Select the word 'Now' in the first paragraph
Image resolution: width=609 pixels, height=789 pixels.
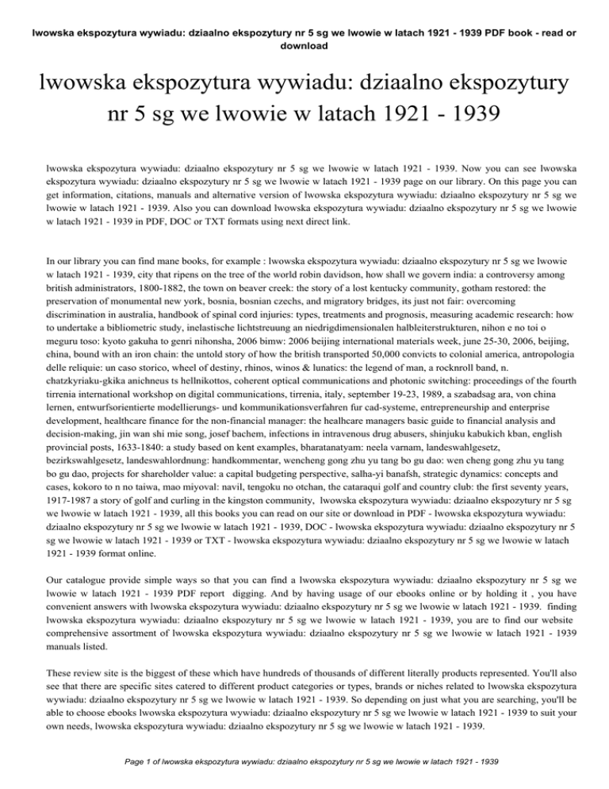(x=444, y=169)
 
